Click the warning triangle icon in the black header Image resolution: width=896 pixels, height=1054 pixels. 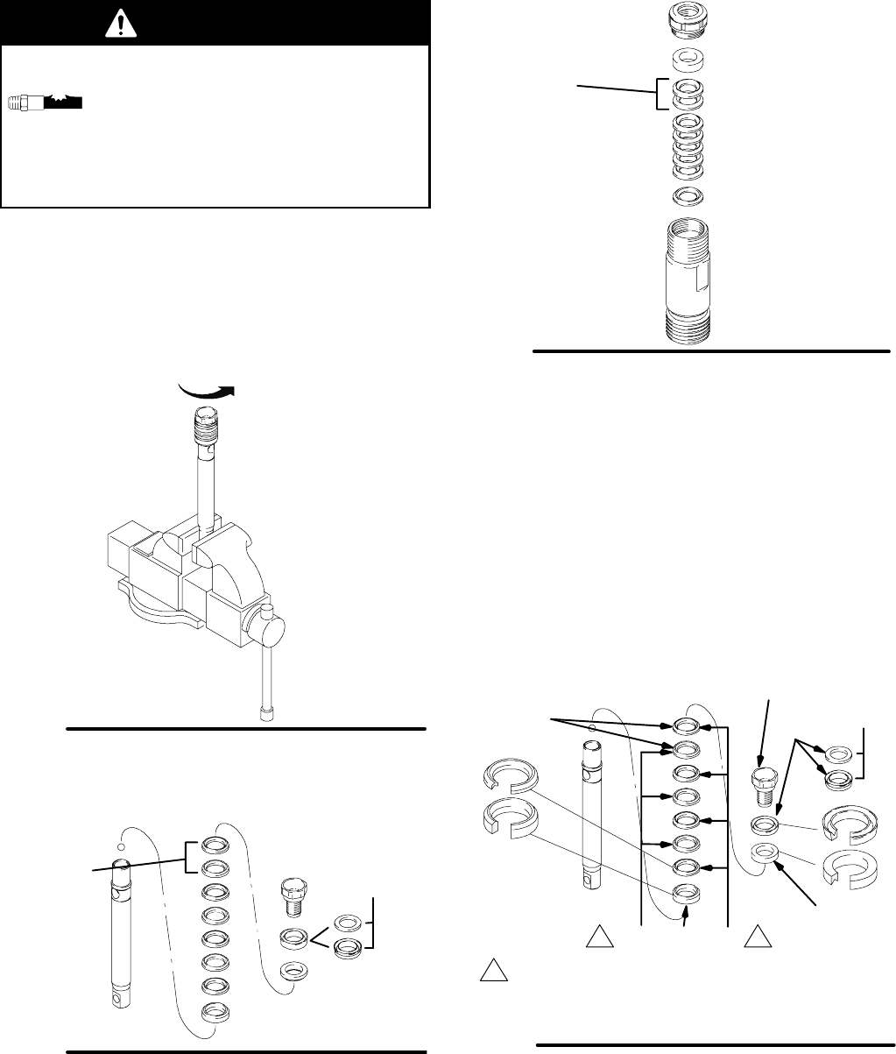116,25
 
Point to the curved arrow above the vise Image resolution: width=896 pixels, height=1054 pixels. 207,392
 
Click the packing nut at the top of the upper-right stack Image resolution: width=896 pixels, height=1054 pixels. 688,23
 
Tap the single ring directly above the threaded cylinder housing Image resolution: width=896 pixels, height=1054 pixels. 688,194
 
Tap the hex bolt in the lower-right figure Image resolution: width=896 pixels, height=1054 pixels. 765,785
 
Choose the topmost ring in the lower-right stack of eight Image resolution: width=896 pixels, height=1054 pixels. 686,725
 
